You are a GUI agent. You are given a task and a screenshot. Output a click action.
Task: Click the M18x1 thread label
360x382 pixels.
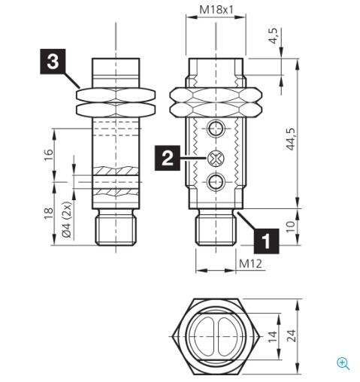216,11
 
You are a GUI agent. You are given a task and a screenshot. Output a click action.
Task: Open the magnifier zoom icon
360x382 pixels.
343,363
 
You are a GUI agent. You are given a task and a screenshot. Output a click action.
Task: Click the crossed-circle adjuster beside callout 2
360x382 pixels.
216,158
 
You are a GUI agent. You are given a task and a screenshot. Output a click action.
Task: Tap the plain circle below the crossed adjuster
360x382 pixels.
216,181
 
